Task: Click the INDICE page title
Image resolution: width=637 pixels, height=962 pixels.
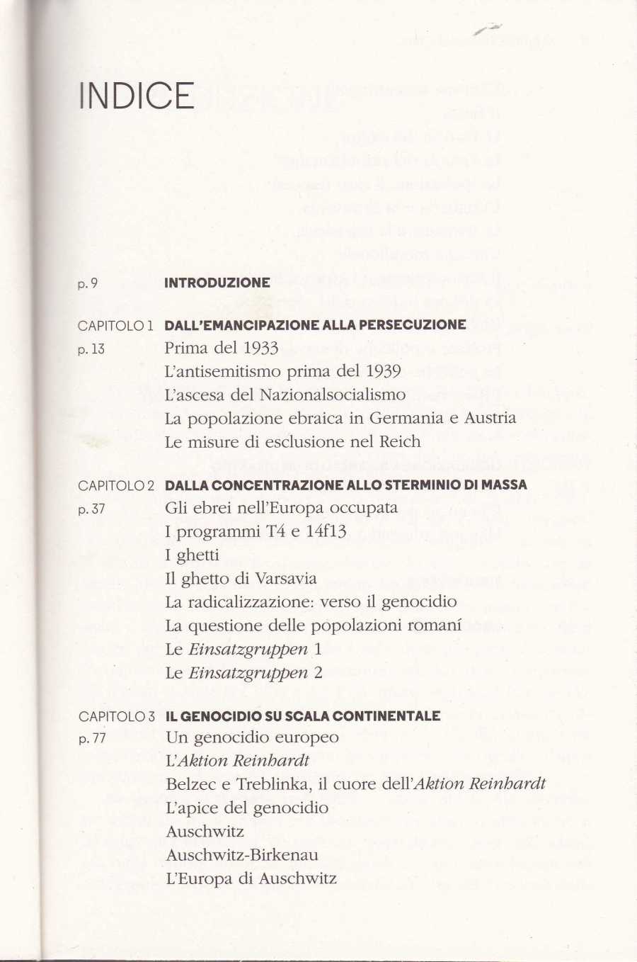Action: (x=137, y=96)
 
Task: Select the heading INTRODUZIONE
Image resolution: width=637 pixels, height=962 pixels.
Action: (x=217, y=283)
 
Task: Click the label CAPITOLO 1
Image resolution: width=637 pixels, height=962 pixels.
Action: (x=116, y=326)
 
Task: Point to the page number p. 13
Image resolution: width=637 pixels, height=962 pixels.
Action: (x=91, y=349)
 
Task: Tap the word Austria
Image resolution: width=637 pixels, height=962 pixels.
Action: (x=490, y=418)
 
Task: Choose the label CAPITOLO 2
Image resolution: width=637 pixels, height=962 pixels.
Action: (x=116, y=485)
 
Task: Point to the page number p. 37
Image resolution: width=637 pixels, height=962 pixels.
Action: (x=91, y=509)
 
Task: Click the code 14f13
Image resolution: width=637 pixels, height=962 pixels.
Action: (x=326, y=531)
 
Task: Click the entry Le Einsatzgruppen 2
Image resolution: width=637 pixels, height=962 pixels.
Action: (x=243, y=672)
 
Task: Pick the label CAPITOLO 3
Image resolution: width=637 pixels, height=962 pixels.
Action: (x=116, y=716)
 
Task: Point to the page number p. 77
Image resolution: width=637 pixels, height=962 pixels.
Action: (x=91, y=739)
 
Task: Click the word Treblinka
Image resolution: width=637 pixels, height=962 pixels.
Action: (x=265, y=785)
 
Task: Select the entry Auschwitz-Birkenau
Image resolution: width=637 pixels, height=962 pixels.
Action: (x=241, y=855)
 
